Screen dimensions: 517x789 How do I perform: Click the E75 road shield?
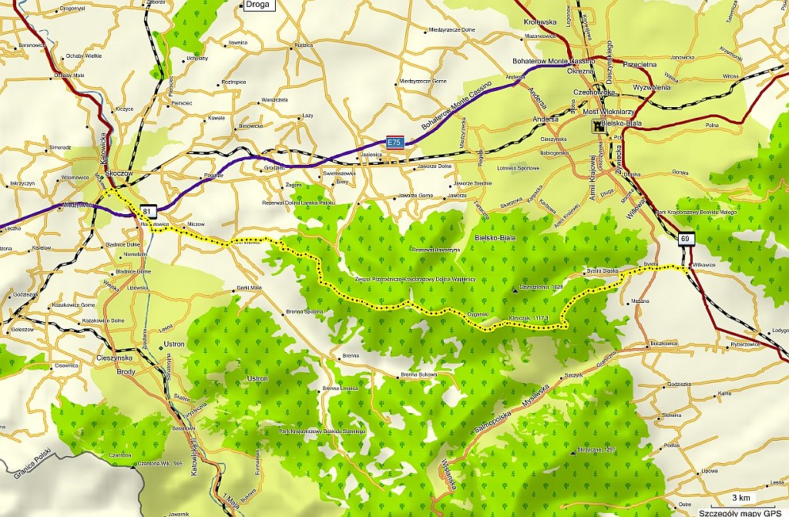394,141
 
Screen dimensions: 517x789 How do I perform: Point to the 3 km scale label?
740,497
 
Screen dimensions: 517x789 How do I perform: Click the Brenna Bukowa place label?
419,375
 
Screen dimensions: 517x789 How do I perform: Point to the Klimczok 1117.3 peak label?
529,317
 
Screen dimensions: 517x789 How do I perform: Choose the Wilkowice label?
704,264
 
